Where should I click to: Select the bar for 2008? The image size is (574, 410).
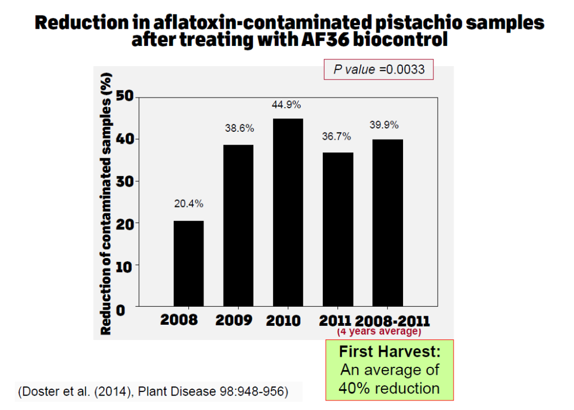click(188, 264)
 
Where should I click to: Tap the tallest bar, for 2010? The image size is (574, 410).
click(288, 213)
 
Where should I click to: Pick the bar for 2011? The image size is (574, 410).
click(337, 229)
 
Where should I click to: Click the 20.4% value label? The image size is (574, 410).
click(188, 205)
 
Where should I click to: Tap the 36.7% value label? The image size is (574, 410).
click(337, 136)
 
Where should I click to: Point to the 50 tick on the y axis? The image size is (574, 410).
click(125, 96)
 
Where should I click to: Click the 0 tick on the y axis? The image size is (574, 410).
click(128, 307)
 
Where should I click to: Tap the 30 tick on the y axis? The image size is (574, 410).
click(125, 181)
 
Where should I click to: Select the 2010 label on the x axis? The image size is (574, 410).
click(283, 320)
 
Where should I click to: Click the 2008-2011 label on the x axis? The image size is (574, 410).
click(392, 321)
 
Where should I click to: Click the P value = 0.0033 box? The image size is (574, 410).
click(379, 70)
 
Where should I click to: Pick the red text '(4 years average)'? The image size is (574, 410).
click(378, 331)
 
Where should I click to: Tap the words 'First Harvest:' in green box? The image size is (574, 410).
click(390, 353)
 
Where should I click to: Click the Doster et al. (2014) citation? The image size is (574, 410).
click(154, 391)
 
